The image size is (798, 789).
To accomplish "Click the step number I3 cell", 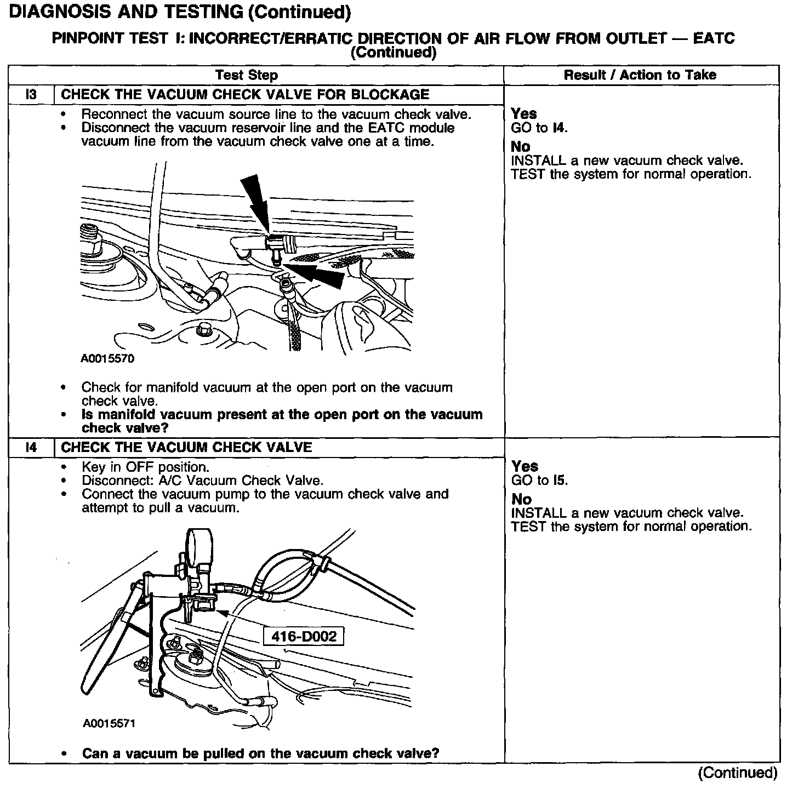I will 31,94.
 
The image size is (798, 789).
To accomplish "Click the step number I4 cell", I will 31,447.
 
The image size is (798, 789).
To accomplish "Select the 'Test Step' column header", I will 247,75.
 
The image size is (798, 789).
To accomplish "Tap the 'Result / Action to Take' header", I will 640,75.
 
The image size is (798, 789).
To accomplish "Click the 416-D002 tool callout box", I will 304,637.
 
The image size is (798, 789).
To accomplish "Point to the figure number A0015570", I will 107,359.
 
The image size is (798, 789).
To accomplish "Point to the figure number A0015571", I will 109,723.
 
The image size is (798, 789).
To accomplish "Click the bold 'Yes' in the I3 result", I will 523,114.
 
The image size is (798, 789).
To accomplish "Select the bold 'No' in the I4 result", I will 521,499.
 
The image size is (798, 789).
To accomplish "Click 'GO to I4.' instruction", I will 539,128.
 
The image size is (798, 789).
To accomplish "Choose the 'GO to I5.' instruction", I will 539,481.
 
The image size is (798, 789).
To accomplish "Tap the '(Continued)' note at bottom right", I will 737,773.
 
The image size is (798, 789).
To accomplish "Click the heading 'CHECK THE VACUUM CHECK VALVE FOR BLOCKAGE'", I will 245,94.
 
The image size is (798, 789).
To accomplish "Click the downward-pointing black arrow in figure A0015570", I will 255,200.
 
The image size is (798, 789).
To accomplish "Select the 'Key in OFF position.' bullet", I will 145,467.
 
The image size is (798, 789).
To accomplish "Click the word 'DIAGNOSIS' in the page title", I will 56,12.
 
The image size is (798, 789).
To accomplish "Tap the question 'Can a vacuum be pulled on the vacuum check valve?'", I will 260,753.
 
